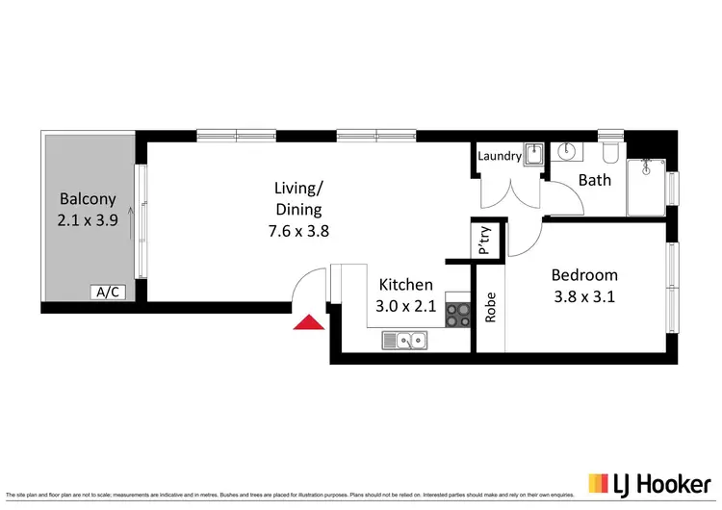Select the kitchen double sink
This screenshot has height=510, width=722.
tap(406, 339)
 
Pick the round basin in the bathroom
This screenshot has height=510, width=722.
tap(568, 151)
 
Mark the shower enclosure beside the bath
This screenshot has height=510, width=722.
tap(646, 188)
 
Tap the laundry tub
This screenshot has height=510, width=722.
tap(534, 155)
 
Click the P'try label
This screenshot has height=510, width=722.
tap(484, 241)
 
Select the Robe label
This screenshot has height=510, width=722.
tap(490, 306)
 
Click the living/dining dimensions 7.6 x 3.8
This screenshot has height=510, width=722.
tap(297, 230)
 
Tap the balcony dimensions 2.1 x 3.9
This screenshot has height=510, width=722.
tap(88, 220)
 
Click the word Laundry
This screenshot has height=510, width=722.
tap(501, 156)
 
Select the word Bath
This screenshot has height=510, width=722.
tap(594, 180)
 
